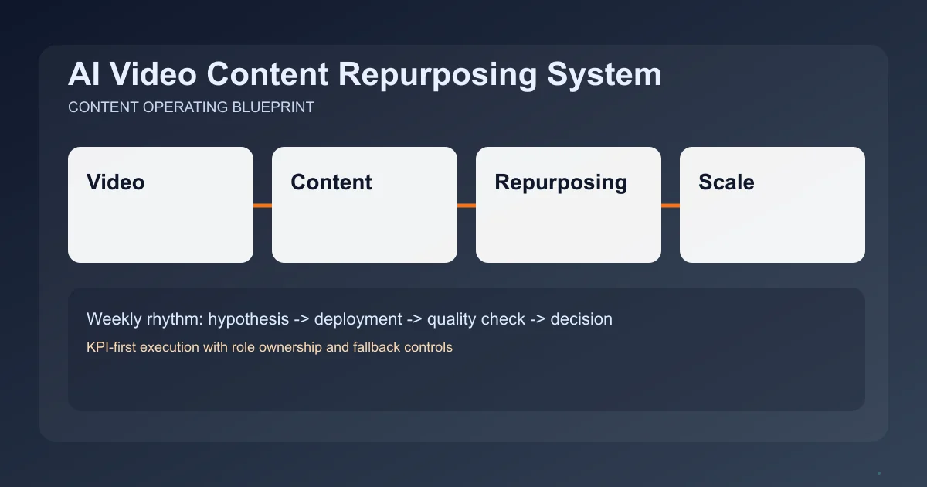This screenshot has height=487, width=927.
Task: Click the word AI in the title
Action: click(x=83, y=75)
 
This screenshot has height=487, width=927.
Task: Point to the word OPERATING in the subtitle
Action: click(x=185, y=107)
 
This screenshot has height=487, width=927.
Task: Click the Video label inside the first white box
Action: click(x=116, y=182)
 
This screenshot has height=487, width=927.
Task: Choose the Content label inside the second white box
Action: click(x=331, y=182)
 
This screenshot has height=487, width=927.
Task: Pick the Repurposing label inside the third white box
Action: click(x=561, y=182)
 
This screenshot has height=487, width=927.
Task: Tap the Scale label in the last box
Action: click(x=726, y=182)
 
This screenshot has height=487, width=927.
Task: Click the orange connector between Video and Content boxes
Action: click(x=263, y=206)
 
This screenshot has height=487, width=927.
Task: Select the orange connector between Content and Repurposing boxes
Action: click(x=467, y=206)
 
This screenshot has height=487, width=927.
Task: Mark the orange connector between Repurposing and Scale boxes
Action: click(x=671, y=206)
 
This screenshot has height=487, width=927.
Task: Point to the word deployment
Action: click(x=358, y=318)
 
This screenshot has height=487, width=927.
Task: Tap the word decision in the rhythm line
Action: click(x=581, y=318)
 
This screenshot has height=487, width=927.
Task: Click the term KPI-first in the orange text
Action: click(x=111, y=347)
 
